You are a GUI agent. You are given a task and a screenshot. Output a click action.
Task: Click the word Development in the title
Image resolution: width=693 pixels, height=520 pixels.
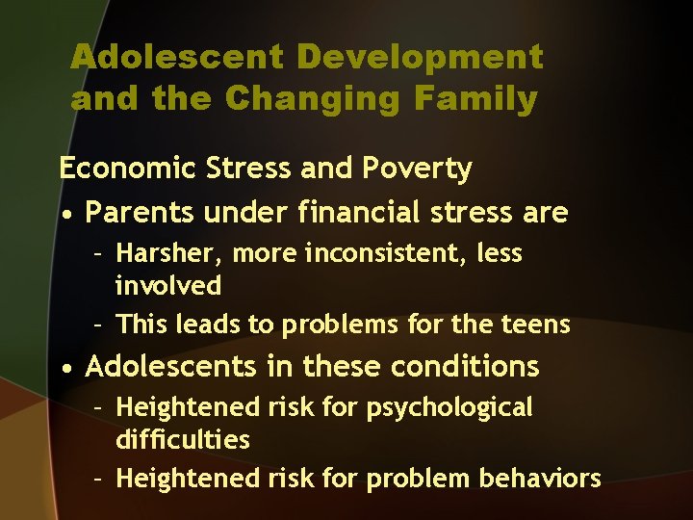tap(420, 57)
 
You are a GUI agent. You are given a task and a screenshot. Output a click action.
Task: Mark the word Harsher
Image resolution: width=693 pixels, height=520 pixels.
tap(169, 254)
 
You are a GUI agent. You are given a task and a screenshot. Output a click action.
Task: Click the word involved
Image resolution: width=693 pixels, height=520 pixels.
tap(168, 286)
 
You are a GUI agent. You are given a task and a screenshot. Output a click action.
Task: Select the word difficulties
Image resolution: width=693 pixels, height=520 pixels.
tap(183, 440)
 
